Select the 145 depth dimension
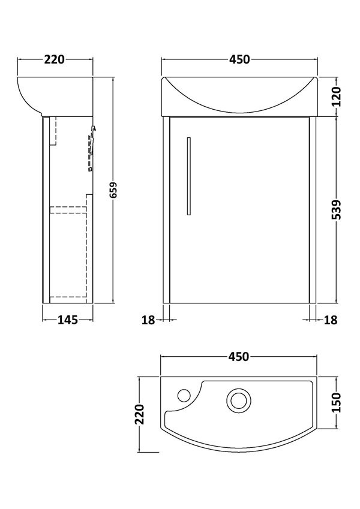67,320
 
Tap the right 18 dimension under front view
331,320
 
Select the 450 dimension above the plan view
238,357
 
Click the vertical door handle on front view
188,175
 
